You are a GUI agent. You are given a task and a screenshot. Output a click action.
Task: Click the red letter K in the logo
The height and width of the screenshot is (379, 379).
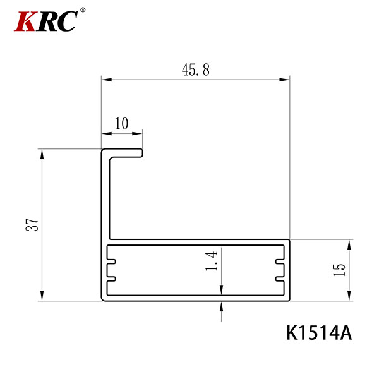point(26,21)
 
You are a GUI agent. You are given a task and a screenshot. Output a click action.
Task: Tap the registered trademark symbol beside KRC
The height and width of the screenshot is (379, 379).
point(83,10)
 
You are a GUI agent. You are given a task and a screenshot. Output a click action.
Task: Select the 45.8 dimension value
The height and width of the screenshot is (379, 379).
point(196,69)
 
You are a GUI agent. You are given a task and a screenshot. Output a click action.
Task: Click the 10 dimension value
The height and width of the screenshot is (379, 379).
point(121,123)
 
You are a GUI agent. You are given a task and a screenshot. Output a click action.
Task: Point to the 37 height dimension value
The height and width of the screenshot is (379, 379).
point(32,225)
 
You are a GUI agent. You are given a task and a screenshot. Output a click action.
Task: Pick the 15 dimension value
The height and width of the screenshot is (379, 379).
point(339,270)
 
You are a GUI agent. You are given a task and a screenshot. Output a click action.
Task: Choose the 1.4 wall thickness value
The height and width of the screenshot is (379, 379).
point(212,260)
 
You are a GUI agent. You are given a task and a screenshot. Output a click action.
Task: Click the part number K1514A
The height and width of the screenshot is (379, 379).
point(319,333)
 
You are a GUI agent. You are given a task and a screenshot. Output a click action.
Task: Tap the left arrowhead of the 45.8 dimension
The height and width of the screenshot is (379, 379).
point(107,80)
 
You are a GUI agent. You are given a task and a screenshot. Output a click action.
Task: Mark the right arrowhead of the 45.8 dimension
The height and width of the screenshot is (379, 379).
point(284,80)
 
